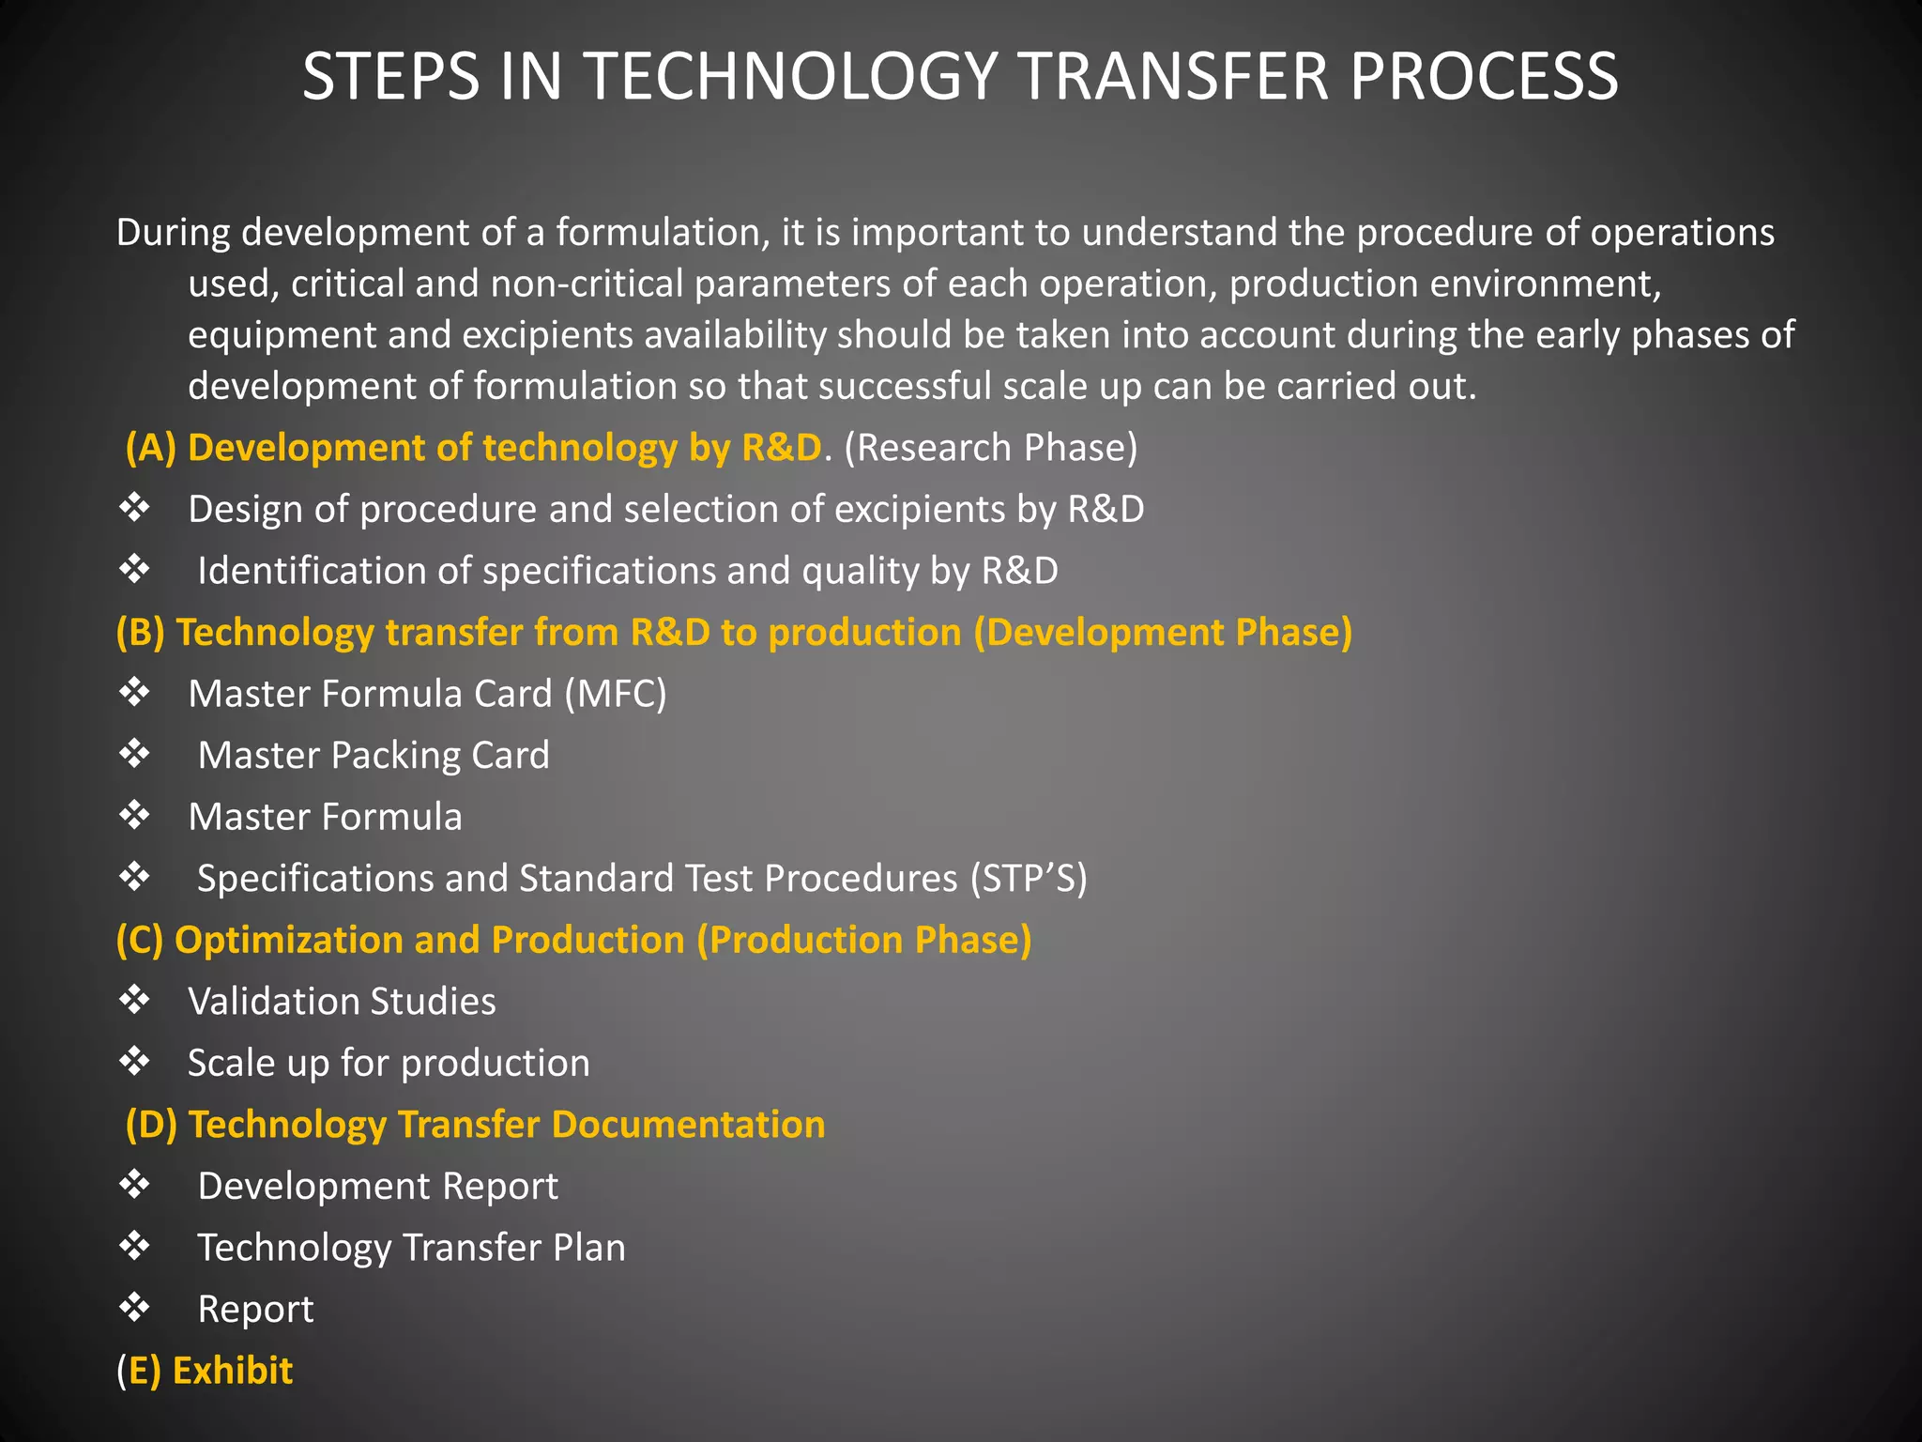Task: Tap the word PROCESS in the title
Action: tap(1484, 76)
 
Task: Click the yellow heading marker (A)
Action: tap(151, 448)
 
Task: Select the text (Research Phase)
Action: tap(990, 448)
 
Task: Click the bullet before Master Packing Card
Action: tap(135, 754)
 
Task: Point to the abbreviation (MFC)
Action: tap(616, 694)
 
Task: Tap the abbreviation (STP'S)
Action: tap(1029, 879)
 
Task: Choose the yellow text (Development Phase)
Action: tap(1163, 632)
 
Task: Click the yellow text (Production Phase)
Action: tap(864, 940)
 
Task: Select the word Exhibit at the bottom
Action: tap(233, 1371)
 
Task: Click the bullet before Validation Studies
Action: tap(135, 1000)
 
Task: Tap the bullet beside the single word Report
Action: tap(135, 1308)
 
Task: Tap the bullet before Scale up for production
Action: tap(135, 1062)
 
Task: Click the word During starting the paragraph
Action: tap(173, 233)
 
